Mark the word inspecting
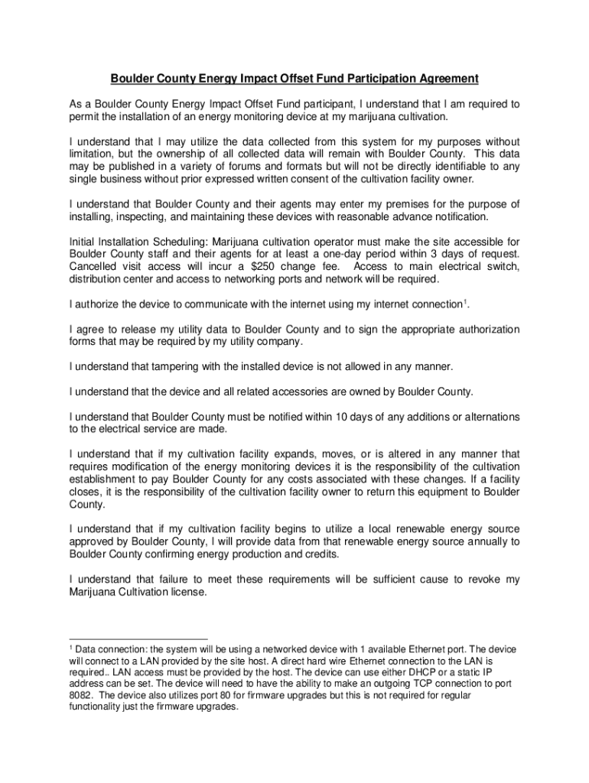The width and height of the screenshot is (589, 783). point(145,216)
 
